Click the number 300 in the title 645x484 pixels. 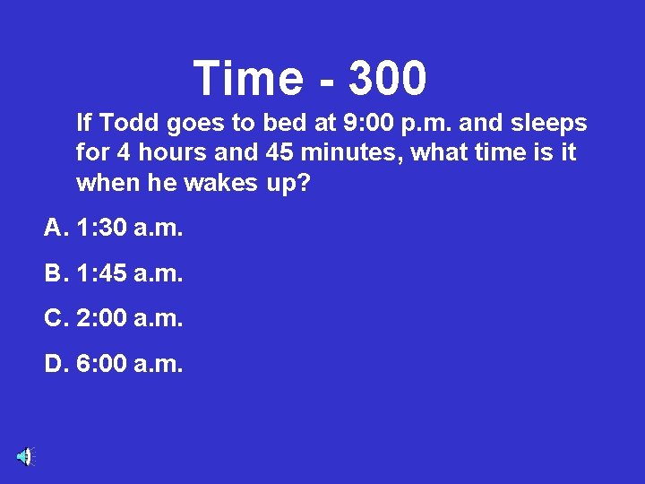(x=387, y=78)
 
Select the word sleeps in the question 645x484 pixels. (x=549, y=122)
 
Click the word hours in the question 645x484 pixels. (x=172, y=153)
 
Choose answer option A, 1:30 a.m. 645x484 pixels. (x=114, y=229)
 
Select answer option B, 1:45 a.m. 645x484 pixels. (x=114, y=273)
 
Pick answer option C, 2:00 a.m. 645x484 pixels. (x=114, y=318)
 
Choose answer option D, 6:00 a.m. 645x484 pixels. (x=114, y=363)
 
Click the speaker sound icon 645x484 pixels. (x=24, y=456)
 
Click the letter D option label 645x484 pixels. (x=53, y=363)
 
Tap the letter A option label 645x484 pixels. (x=53, y=229)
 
